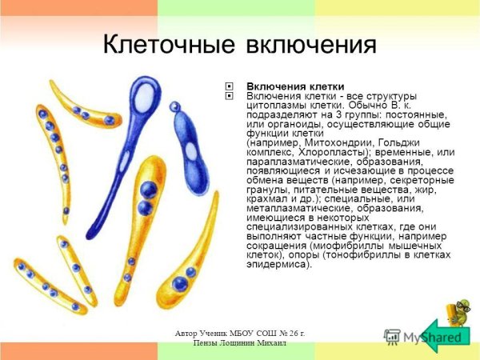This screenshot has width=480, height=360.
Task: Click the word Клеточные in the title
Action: click(167, 45)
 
